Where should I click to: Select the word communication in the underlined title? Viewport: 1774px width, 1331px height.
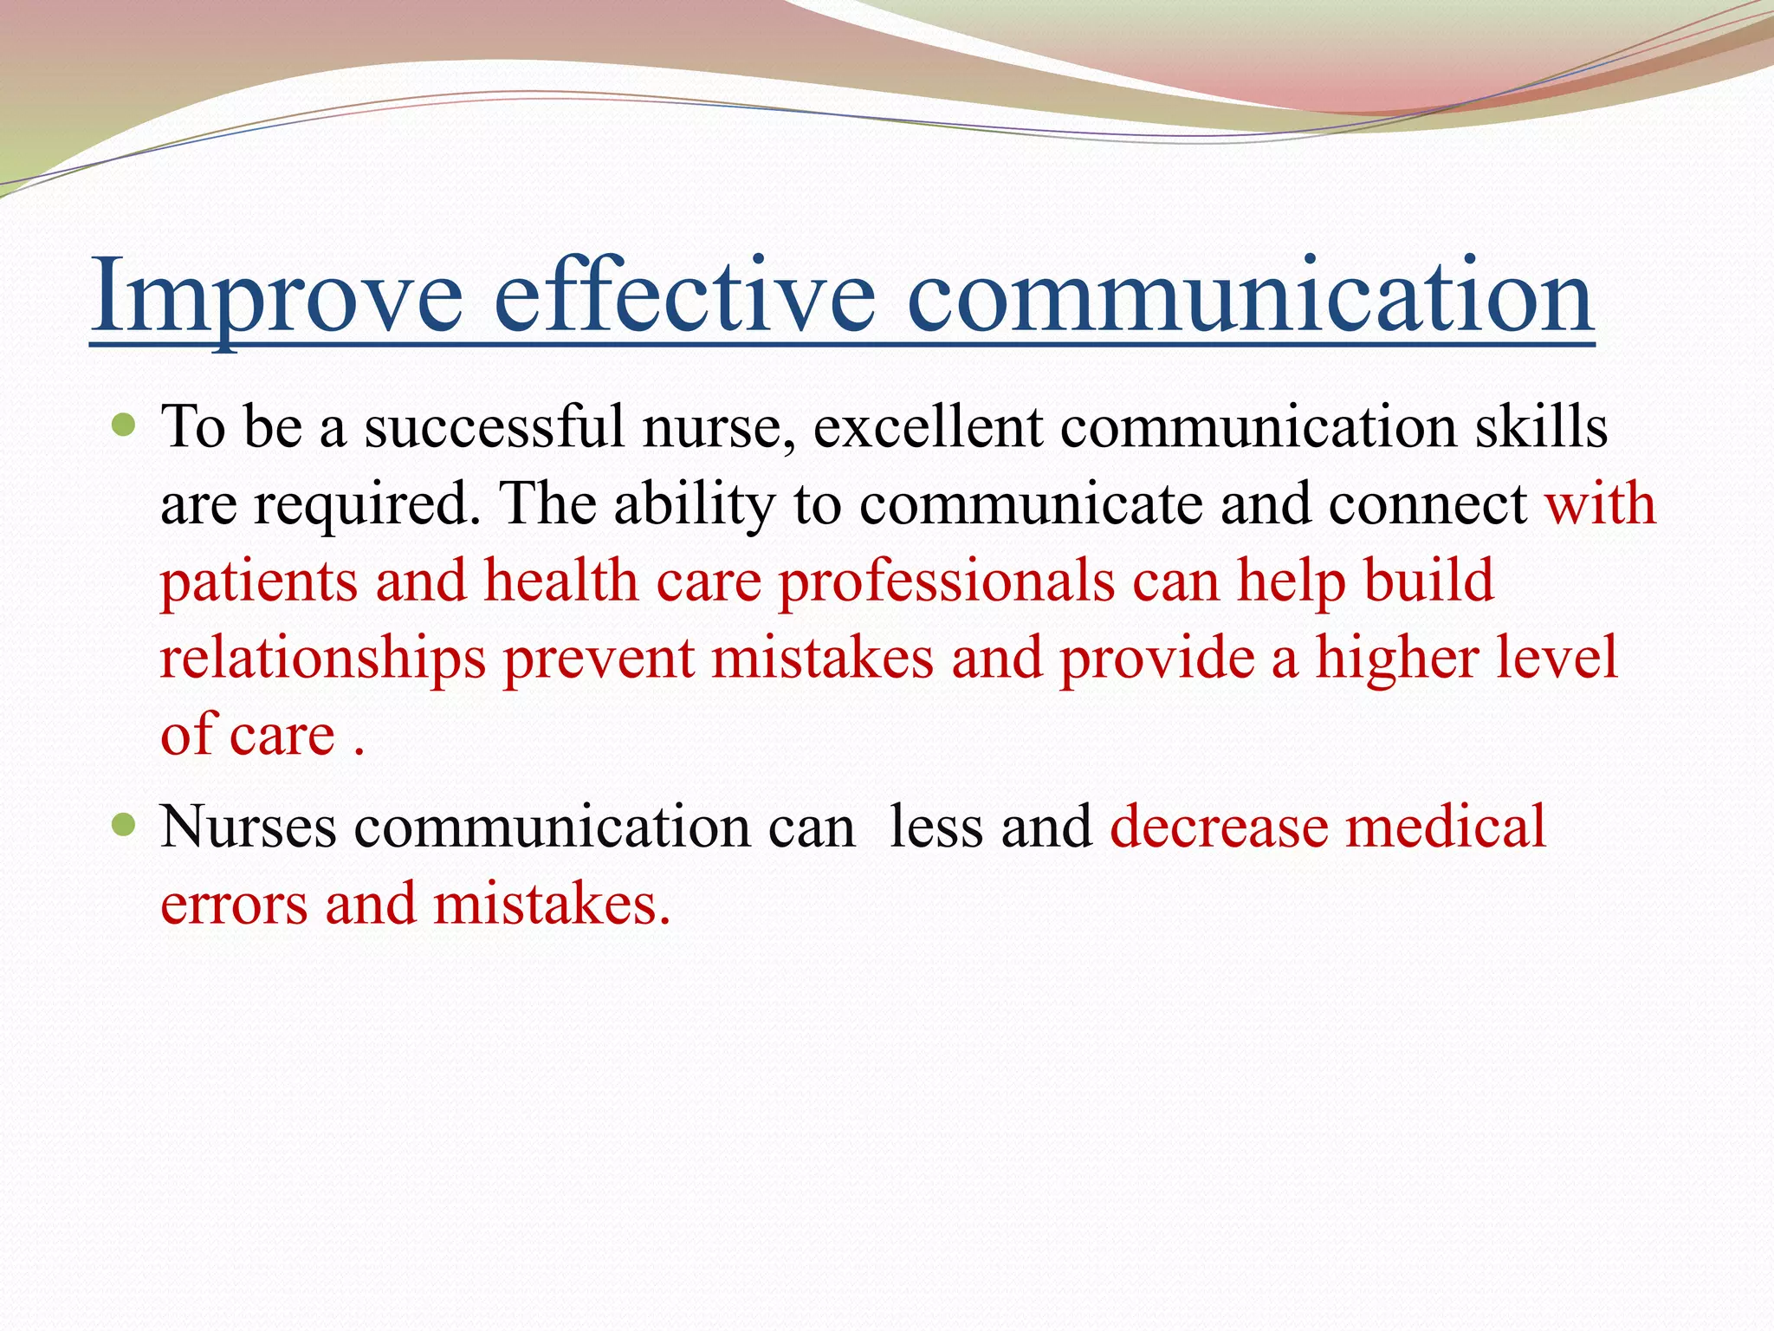(x=1249, y=297)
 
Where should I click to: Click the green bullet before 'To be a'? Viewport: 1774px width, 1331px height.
(x=125, y=425)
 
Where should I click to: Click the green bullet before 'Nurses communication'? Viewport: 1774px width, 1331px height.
(x=125, y=825)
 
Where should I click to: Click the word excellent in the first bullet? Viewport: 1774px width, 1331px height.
(x=928, y=427)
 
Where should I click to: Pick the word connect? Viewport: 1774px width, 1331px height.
(x=1428, y=504)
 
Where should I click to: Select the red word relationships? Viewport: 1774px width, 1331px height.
(x=323, y=659)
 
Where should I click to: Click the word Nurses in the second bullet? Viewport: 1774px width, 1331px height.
(x=249, y=827)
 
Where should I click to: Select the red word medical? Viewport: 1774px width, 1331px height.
(x=1446, y=827)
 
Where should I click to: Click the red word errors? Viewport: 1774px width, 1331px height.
(x=234, y=905)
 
